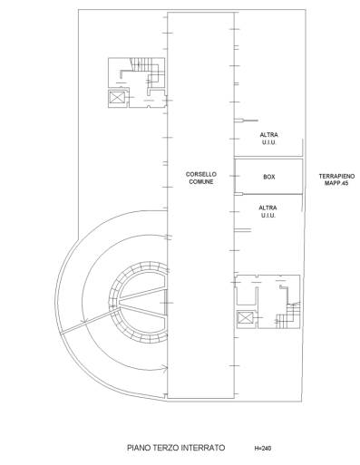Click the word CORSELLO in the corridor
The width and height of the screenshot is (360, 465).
tap(201, 174)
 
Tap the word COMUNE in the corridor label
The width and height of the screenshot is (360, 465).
tap(201, 181)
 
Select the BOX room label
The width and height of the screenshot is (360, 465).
tap(269, 177)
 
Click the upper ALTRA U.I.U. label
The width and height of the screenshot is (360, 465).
tap(268, 139)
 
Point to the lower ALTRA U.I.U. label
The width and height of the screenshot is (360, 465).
tap(268, 211)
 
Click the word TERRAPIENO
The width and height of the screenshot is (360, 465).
tap(336, 176)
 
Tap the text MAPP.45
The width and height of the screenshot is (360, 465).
tap(336, 183)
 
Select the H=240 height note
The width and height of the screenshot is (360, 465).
tap(263, 448)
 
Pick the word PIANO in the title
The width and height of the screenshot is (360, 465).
tap(138, 448)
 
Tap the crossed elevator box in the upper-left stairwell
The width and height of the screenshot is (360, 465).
tap(117, 97)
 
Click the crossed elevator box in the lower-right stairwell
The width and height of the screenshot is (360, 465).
tap(245, 318)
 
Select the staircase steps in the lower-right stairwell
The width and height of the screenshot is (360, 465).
tap(288, 315)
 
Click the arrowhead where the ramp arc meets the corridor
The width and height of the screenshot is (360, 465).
tap(165, 368)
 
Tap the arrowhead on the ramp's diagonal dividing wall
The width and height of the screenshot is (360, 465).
tap(85, 322)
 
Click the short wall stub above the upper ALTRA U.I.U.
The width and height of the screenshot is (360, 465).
tap(247, 121)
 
